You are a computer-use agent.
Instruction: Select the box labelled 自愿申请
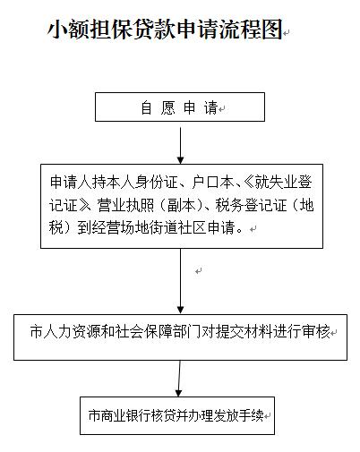tap(179, 108)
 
